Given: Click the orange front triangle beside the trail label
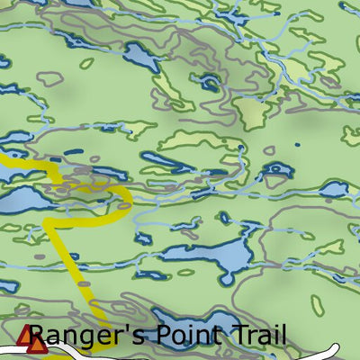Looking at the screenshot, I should click(37, 343).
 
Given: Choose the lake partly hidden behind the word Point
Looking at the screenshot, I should click(189, 322).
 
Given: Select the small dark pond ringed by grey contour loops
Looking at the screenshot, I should click(210, 83).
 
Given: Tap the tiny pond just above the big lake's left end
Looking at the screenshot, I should click(225, 218).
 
